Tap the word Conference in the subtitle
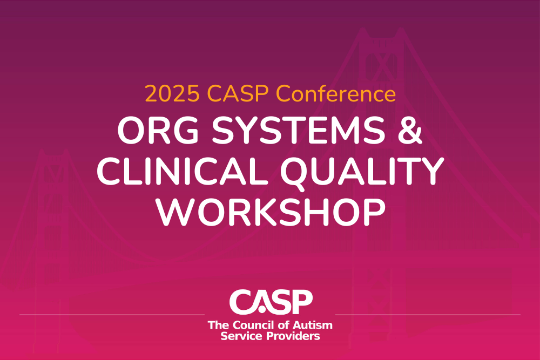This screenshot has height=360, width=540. click(336, 94)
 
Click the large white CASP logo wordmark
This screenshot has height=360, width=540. click(270, 302)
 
